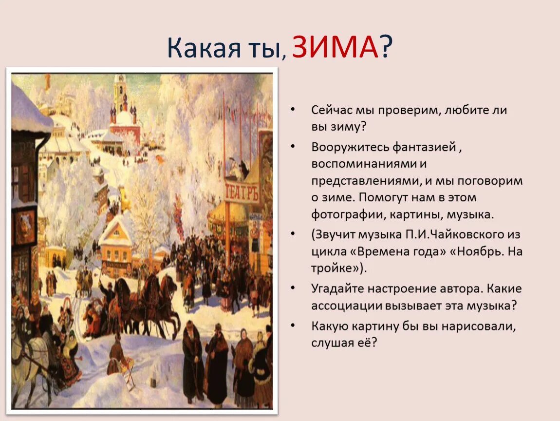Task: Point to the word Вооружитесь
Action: coord(344,147)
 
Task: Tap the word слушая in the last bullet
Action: coord(332,343)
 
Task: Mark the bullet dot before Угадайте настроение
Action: coord(292,288)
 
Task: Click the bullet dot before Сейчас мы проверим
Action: coord(292,110)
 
